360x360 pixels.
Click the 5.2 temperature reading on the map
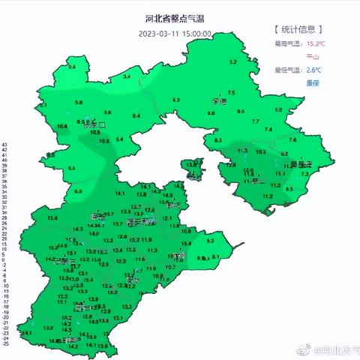232,61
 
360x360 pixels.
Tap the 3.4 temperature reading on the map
127,76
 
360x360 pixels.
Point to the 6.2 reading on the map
177,100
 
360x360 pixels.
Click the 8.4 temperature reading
136,115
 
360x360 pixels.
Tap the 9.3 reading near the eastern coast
210,241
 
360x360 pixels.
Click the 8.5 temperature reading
290,190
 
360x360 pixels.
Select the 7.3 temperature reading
304,174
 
